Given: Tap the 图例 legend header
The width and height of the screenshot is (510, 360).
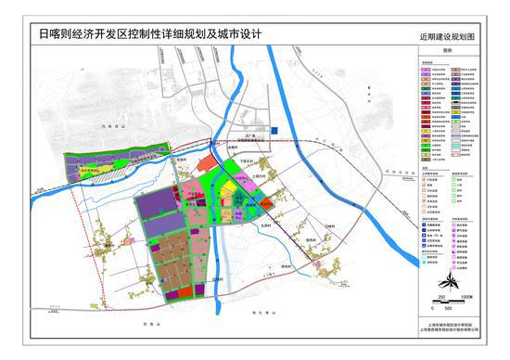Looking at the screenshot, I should tap(446, 53).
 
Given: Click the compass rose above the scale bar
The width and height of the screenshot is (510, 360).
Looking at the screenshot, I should tap(446, 276).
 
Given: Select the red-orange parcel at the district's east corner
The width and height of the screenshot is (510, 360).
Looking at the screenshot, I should tap(264, 199).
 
